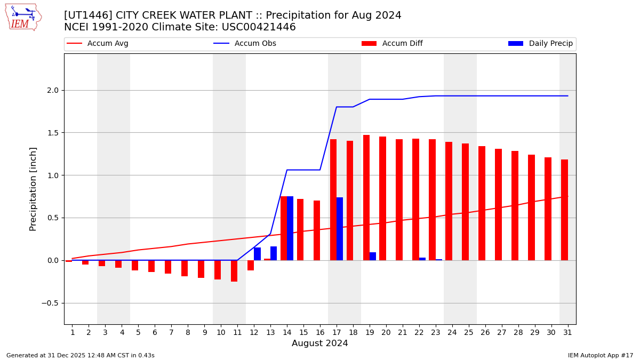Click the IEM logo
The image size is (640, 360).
pyautogui.click(x=23, y=17)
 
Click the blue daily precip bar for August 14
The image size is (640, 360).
pyautogui.click(x=290, y=228)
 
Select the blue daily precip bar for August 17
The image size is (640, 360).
pyautogui.click(x=340, y=229)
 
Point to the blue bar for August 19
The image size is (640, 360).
pyautogui.click(x=373, y=257)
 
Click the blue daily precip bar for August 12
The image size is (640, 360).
pyautogui.click(x=257, y=254)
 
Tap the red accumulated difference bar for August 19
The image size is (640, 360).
pyautogui.click(x=366, y=197)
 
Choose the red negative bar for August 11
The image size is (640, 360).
pyautogui.click(x=234, y=271)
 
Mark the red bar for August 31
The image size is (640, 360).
pyautogui.click(x=564, y=210)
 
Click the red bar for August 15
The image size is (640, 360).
pyautogui.click(x=300, y=229)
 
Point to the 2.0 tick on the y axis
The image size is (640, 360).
pyautogui.click(x=52, y=90)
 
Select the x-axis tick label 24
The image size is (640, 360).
pyautogui.click(x=452, y=332)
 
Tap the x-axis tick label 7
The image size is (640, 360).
pyautogui.click(x=171, y=332)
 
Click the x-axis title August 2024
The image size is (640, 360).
pyautogui.click(x=319, y=343)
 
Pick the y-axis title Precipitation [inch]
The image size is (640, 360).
pyautogui.click(x=33, y=189)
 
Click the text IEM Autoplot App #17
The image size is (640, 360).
pyautogui.click(x=600, y=355)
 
